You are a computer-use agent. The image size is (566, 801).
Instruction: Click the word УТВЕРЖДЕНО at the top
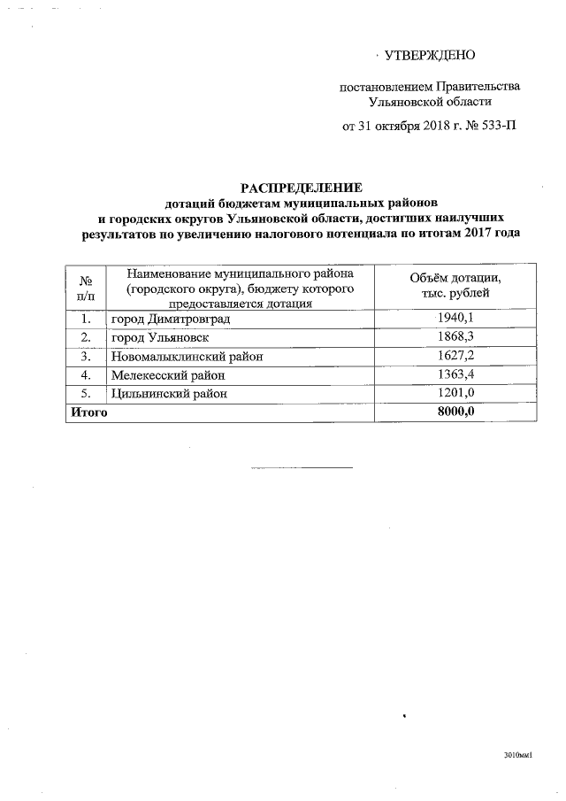click(x=431, y=56)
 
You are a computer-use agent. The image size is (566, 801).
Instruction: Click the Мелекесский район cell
click(x=170, y=375)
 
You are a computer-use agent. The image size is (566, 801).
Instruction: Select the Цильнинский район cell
click(x=168, y=394)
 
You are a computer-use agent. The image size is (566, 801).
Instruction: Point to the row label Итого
click(x=89, y=412)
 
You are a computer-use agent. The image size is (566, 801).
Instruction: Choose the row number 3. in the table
click(x=85, y=357)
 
